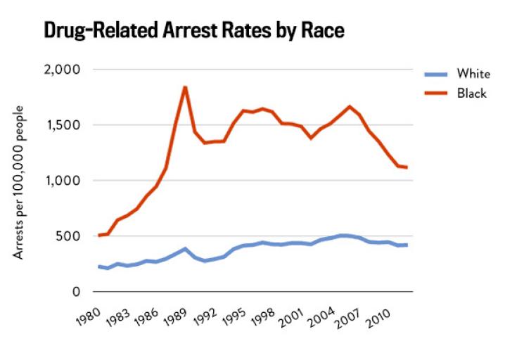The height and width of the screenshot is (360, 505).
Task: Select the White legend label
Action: [472, 74]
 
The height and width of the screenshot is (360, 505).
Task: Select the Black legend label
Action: [471, 94]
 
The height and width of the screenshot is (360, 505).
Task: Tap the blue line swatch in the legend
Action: [437, 74]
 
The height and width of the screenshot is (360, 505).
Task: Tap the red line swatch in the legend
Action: [437, 94]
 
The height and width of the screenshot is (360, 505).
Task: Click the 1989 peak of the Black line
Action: [185, 87]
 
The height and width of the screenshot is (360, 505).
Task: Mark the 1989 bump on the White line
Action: [185, 249]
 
